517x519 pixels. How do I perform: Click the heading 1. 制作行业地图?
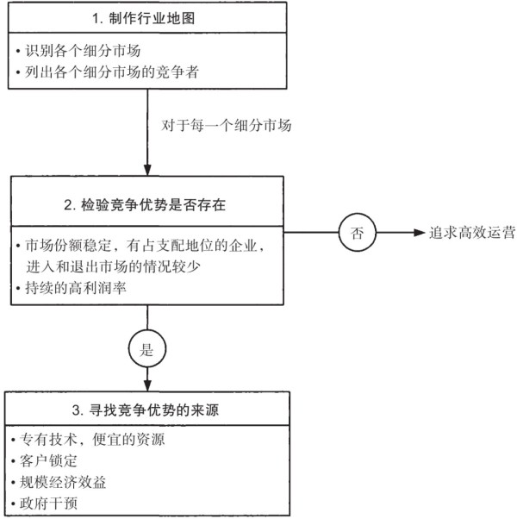point(143,18)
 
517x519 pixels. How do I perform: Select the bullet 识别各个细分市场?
point(78,51)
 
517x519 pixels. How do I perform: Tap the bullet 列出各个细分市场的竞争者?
point(107,72)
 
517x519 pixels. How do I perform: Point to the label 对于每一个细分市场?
point(227,126)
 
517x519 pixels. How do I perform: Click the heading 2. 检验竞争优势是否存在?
point(145,205)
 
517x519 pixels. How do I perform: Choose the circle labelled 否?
point(358,233)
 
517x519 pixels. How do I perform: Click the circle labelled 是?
point(147,348)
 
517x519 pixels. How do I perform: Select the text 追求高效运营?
point(472,233)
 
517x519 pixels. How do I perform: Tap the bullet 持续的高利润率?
point(72,288)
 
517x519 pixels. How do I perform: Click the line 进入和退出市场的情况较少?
point(113,266)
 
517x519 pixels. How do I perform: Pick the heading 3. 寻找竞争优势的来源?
point(146,410)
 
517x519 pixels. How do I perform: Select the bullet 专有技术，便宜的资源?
point(88,440)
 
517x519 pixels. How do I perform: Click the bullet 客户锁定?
point(44,460)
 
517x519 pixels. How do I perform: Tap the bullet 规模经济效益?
point(59,482)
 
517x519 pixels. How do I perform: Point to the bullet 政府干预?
point(44,503)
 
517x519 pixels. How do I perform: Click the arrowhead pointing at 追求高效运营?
point(420,233)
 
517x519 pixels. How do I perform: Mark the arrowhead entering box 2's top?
point(147,170)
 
